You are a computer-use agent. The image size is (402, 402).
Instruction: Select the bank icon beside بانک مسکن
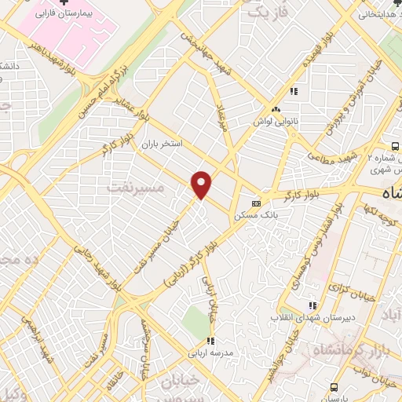pos(256,202)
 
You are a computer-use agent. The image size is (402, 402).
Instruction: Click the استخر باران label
pos(161,144)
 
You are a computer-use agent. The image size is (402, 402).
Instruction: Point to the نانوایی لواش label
pos(273,122)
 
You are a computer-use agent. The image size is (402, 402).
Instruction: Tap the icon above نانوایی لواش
pos(275,110)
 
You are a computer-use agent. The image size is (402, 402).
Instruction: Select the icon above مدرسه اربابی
pos(210,341)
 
